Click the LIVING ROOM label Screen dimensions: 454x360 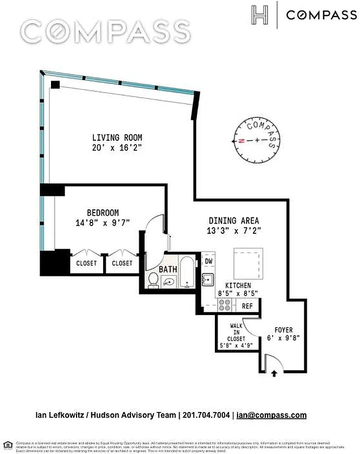[117, 137]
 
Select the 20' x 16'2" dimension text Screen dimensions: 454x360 [117, 147]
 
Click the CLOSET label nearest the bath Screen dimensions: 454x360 [122, 263]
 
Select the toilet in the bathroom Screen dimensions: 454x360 [153, 280]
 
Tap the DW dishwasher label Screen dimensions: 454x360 [208, 262]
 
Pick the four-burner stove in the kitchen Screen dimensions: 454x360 [225, 305]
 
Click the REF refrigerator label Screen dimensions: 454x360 [247, 306]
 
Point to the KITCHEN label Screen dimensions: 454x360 [238, 285]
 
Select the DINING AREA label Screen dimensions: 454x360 [234, 221]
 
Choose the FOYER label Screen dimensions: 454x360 [283, 330]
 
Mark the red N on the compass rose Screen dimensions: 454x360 [242, 140]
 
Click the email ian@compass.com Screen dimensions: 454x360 [272, 415]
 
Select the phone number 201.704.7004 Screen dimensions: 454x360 [206, 415]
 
